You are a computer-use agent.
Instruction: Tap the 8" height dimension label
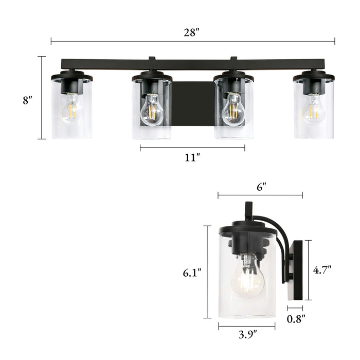[27, 101]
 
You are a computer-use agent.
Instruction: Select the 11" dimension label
[192, 157]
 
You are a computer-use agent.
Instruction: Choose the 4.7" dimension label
[322, 269]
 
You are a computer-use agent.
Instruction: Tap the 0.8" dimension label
[296, 319]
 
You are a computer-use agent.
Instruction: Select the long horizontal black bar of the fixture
[192, 64]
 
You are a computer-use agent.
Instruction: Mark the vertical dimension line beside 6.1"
[207, 272]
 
